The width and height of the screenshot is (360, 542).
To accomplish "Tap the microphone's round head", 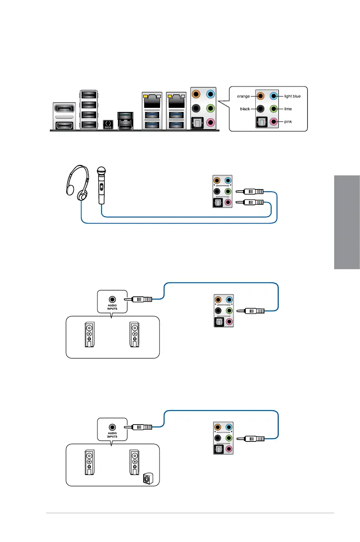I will click(x=102, y=172).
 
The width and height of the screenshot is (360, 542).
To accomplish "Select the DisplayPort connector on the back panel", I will click(x=64, y=109).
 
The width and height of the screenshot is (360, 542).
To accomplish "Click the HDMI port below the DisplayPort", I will click(x=64, y=125).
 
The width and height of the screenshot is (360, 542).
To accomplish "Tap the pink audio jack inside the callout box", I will click(x=272, y=121).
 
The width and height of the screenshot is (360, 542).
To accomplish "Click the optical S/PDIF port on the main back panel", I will click(x=197, y=122).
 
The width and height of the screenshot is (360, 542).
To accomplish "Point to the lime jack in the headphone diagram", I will click(x=228, y=192).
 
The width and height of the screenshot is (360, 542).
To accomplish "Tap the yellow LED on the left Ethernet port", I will click(x=146, y=97).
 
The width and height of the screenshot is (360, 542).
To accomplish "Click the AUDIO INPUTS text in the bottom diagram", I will click(x=112, y=435).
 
